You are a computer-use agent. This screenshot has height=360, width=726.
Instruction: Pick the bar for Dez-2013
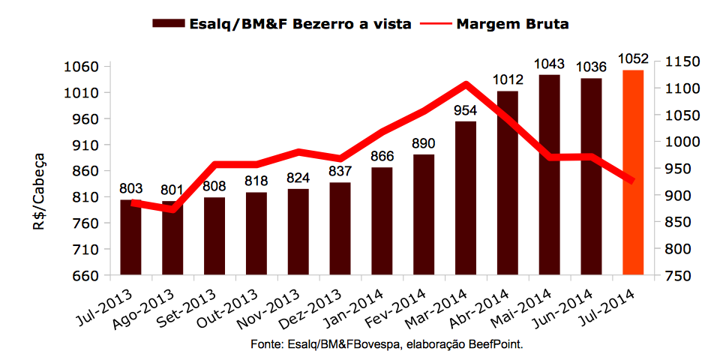(340, 229)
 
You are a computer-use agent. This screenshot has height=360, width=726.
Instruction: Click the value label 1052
(633, 58)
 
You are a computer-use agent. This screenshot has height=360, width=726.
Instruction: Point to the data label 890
(424, 143)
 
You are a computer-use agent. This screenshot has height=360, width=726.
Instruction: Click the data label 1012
(507, 79)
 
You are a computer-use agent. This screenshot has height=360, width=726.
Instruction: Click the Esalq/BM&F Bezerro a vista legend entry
(282, 23)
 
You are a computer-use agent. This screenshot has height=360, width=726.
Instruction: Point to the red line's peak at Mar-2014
(466, 85)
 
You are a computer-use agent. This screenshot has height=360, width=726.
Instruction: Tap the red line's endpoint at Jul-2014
(632, 181)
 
